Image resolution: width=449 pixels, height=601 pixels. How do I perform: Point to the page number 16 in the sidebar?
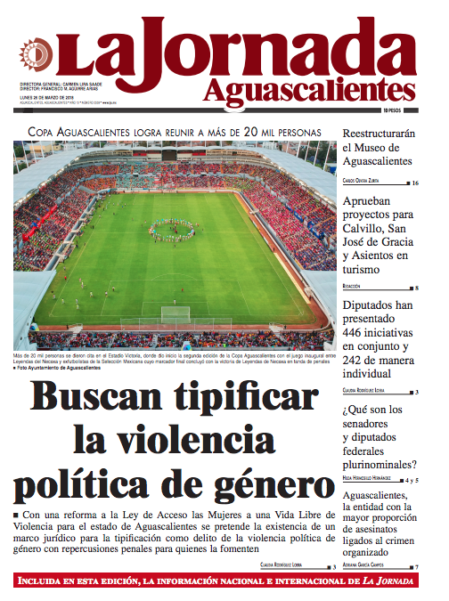[415, 183]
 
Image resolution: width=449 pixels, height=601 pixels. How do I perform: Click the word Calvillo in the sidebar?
[367, 229]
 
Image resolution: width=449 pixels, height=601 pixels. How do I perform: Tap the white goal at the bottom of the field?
[176, 314]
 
